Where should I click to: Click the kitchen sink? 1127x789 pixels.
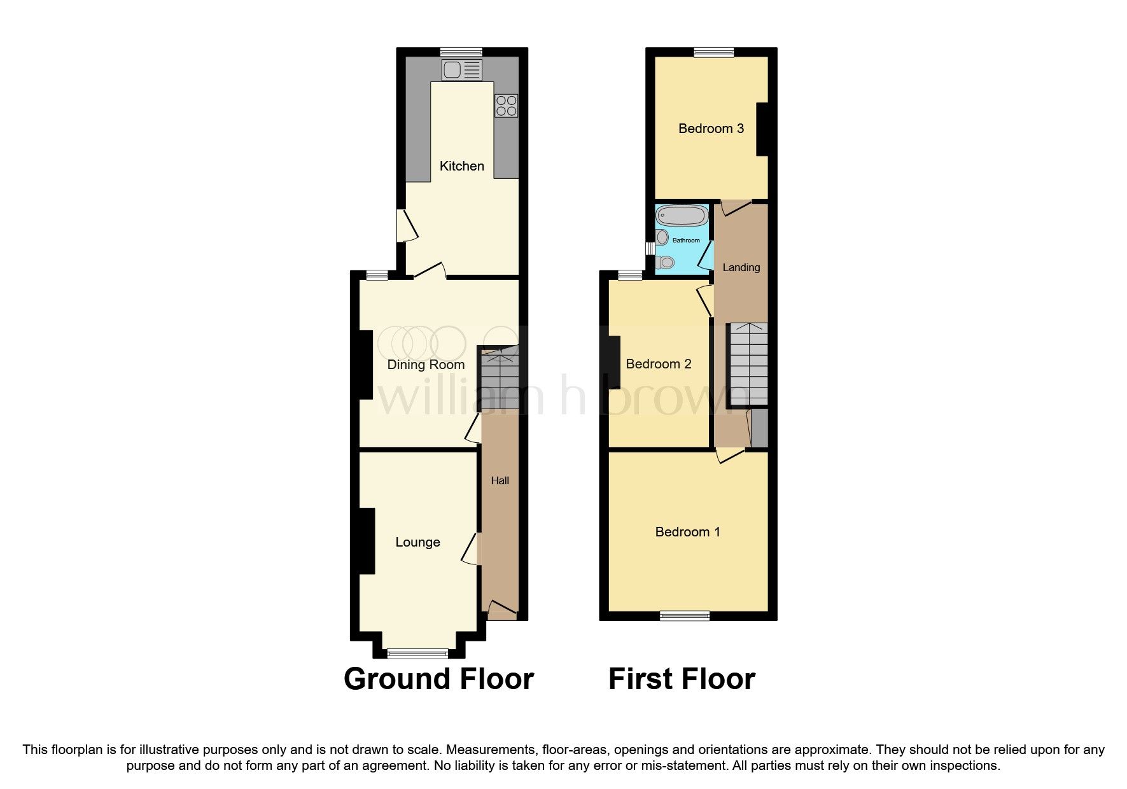[461, 70]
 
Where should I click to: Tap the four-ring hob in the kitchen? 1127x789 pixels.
[507, 106]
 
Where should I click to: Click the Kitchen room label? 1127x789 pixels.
[462, 166]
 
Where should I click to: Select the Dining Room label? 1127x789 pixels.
[426, 365]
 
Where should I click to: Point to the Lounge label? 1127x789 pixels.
[417, 542]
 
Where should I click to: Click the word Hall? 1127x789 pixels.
[500, 481]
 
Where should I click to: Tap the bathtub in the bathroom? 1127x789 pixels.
[682, 216]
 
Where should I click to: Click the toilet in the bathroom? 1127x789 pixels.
[665, 262]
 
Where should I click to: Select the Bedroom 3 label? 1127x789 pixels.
[711, 129]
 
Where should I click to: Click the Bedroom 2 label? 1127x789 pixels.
[659, 364]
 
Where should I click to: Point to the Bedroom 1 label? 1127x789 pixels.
[687, 532]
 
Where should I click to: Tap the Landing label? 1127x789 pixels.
[741, 267]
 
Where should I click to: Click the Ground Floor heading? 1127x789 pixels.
[438, 679]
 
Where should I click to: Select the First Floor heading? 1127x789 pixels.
[682, 679]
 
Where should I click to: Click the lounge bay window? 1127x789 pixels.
[418, 653]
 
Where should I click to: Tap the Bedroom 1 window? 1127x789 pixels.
[684, 615]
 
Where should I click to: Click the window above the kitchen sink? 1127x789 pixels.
[461, 52]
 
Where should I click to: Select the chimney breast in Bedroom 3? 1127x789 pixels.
[762, 129]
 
